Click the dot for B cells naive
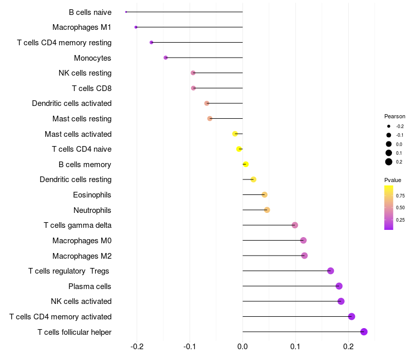[126, 12]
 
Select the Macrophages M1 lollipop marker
[136, 27]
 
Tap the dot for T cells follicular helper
[364, 332]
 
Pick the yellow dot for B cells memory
[246, 164]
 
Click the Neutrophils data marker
[267, 210]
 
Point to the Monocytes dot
[165, 58]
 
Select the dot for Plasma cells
[339, 286]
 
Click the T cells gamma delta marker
[295, 225]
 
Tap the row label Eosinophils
[92, 195]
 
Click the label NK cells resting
[85, 73]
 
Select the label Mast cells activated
[78, 134]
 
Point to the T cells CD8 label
[92, 88]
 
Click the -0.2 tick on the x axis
[137, 347]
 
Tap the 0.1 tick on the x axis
[295, 347]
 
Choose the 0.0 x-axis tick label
[242, 347]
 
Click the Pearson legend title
[395, 116]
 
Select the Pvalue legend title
[393, 180]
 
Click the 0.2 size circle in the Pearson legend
[389, 162]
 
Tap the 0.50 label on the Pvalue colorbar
[400, 208]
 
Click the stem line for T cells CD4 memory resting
[197, 43]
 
